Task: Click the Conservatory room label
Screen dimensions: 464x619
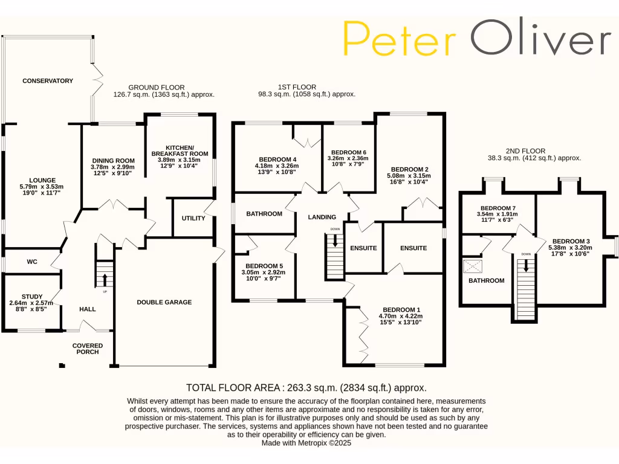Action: [x=48, y=81]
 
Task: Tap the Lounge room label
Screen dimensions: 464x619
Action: [x=41, y=180]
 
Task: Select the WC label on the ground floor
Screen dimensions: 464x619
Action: [x=32, y=262]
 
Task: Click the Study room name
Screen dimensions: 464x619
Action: [x=31, y=296]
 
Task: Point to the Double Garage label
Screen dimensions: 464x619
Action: [x=164, y=302]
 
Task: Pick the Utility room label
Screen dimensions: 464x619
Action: [x=193, y=218]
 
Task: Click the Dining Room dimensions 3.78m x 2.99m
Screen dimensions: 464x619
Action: [x=112, y=167]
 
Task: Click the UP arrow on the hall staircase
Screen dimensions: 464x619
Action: [x=105, y=279]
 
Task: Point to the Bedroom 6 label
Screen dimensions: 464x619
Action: [x=349, y=152]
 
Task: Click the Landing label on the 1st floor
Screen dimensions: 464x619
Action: [x=322, y=217]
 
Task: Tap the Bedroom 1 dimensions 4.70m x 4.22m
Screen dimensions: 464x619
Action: [x=400, y=315]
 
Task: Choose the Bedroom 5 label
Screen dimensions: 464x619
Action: [x=264, y=266]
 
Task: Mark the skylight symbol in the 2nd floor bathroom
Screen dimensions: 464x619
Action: [x=473, y=266]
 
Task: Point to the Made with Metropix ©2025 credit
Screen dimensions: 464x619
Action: [x=306, y=443]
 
